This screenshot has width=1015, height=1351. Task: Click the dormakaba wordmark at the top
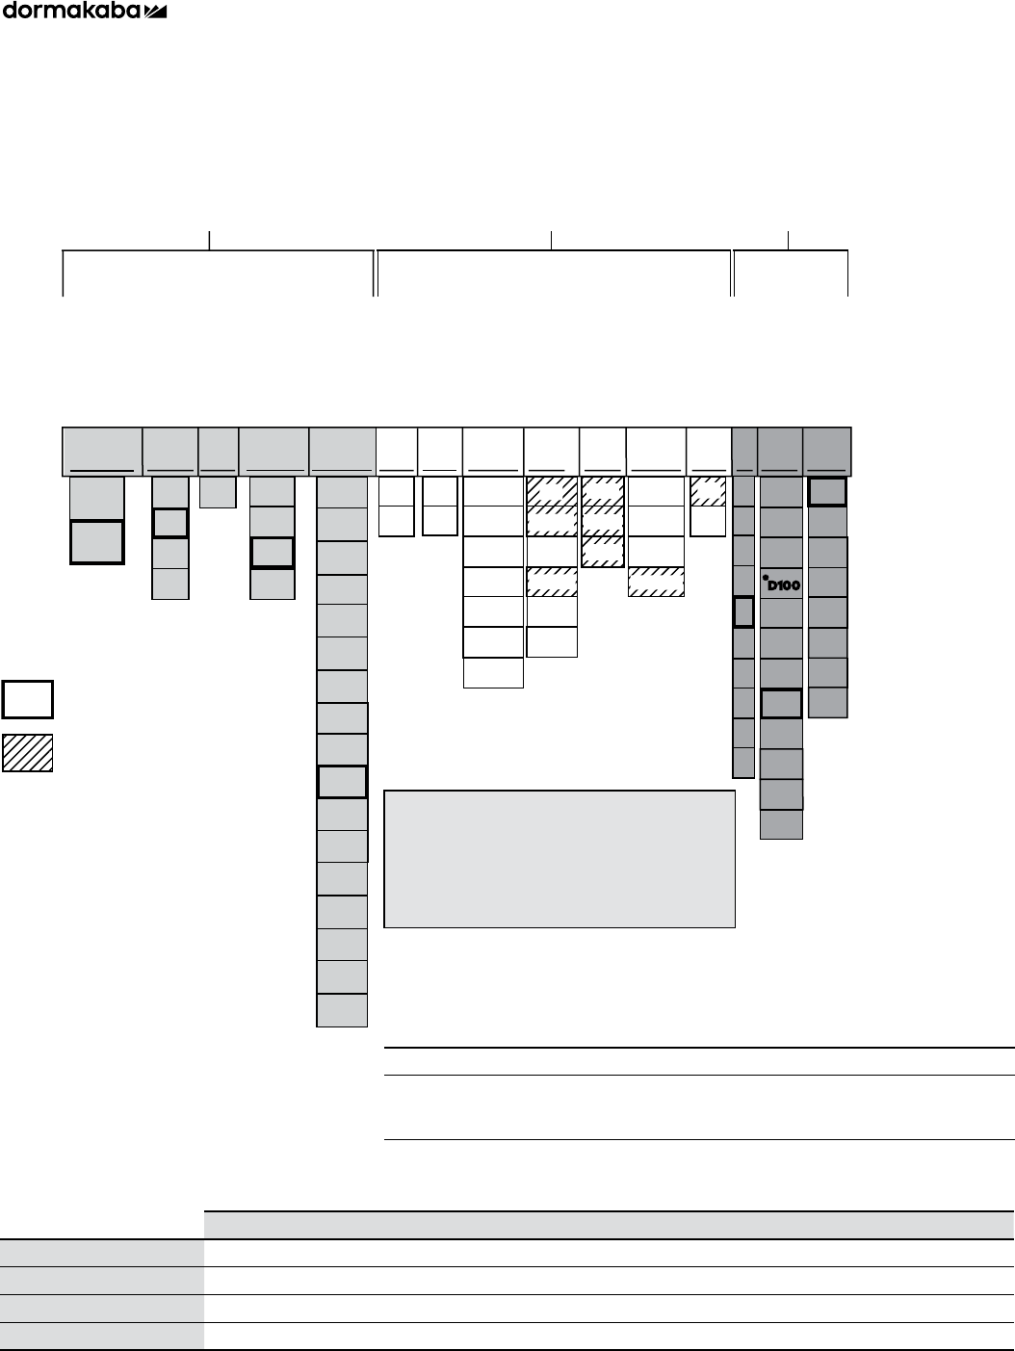tap(72, 11)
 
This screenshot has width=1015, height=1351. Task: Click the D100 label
tap(784, 585)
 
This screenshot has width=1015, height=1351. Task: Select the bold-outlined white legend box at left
tap(27, 699)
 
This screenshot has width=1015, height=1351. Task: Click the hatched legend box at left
tap(27, 753)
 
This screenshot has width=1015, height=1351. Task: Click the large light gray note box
tap(560, 859)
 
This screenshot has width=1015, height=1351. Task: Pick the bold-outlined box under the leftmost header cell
tap(97, 542)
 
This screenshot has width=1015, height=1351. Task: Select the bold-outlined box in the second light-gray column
tap(170, 523)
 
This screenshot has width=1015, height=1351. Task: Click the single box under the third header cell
tap(218, 492)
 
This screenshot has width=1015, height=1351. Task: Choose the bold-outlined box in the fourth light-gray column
tap(272, 554)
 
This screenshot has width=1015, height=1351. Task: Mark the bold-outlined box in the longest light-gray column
tap(342, 782)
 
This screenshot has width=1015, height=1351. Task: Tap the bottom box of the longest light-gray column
tap(342, 1010)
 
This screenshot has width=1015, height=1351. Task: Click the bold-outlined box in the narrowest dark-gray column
tap(742, 611)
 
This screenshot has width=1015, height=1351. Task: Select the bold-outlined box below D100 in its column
tap(781, 703)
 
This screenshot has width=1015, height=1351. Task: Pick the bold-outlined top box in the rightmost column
tap(827, 492)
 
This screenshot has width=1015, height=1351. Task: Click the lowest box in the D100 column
tap(781, 824)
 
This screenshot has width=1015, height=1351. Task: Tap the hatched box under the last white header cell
tap(708, 491)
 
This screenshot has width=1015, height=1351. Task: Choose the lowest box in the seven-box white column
tap(493, 673)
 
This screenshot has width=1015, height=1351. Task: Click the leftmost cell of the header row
tap(102, 451)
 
